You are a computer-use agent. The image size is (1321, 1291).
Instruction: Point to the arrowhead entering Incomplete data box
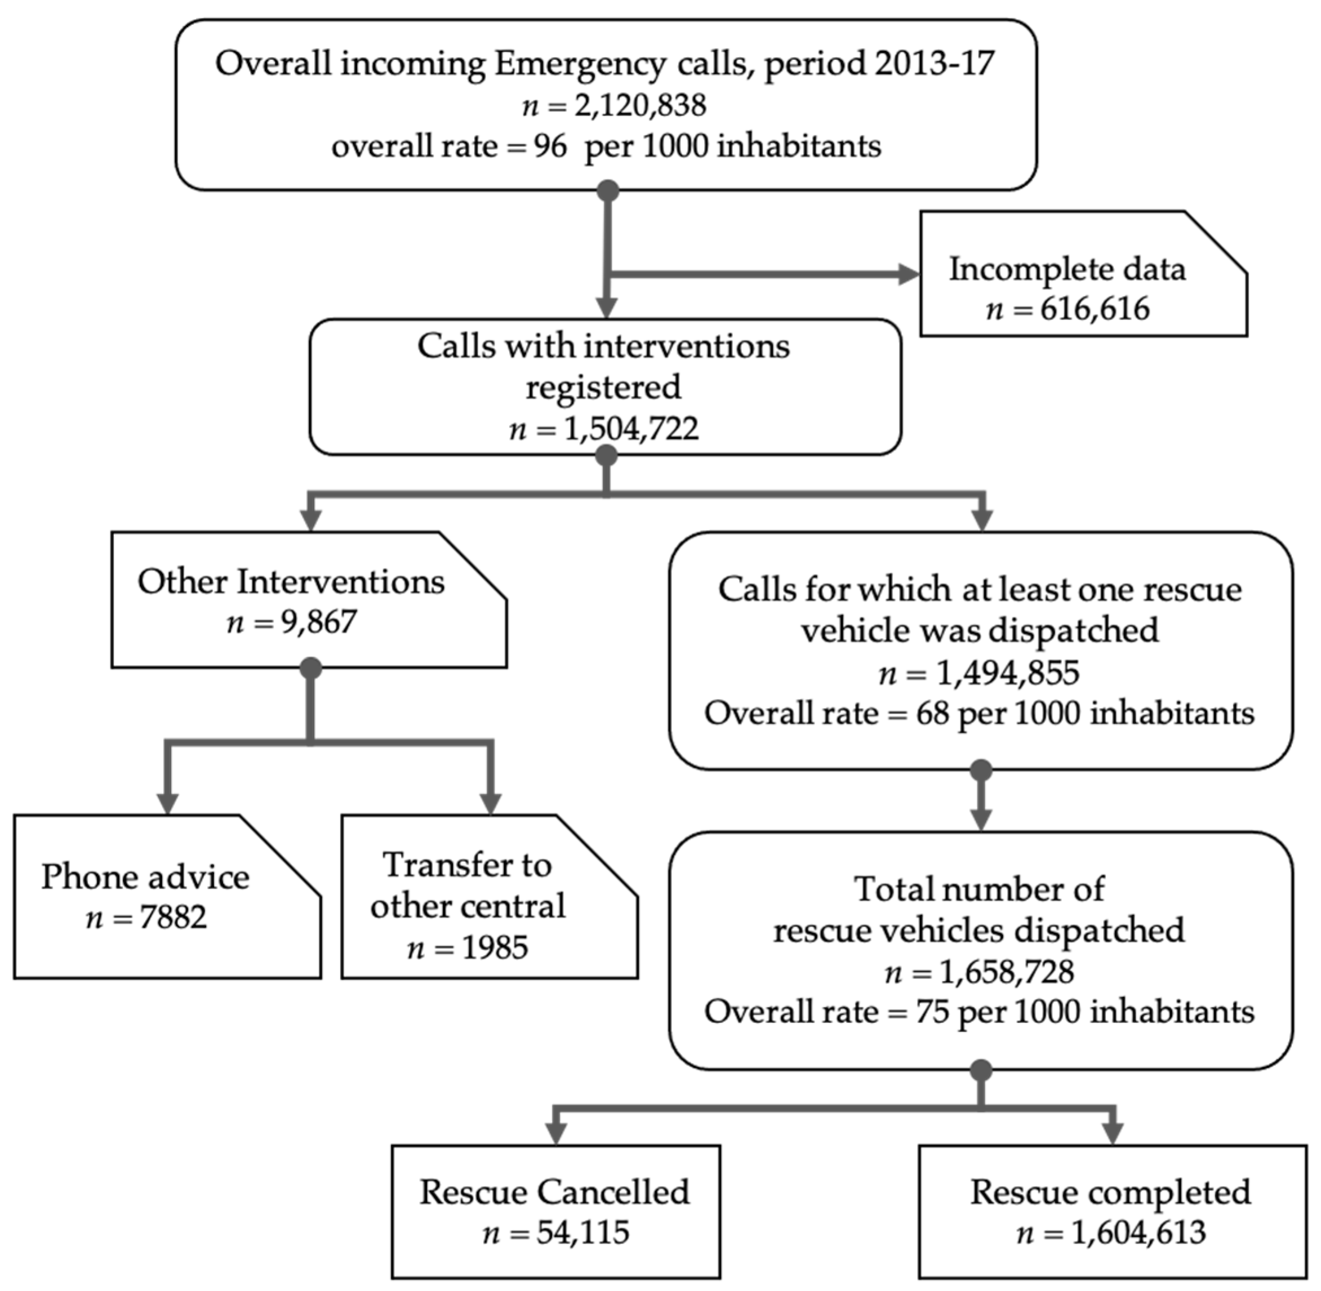tap(909, 275)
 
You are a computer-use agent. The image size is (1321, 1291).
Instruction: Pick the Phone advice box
tap(166, 896)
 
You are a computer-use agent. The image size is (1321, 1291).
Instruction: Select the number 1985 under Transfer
tap(495, 948)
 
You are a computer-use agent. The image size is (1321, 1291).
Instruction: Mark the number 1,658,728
tap(1006, 972)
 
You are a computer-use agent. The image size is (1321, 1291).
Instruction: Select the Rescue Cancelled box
tap(555, 1212)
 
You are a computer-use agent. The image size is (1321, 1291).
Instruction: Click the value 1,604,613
tap(1138, 1232)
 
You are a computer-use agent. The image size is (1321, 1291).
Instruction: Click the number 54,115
tap(582, 1232)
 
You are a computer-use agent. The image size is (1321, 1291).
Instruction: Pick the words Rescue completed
tap(1110, 1192)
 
